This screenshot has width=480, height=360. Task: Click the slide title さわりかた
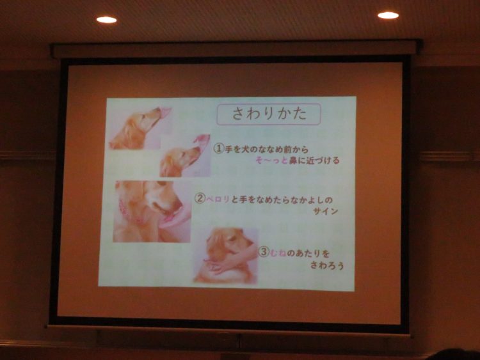tap(269, 114)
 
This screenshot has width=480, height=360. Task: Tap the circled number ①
tap(219, 148)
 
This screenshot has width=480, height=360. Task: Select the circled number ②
tap(200, 199)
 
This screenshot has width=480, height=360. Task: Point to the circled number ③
tap(264, 252)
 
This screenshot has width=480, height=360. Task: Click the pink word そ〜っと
tap(271, 160)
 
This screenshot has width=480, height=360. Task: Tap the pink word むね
tap(278, 253)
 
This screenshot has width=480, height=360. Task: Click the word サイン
tap(325, 211)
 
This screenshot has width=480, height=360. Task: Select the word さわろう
tap(327, 265)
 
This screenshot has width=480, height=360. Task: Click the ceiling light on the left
tap(106, 20)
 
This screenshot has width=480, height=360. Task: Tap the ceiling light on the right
tap(388, 15)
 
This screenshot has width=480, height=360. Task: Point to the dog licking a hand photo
tap(152, 212)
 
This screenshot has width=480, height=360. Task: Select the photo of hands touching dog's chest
tap(226, 255)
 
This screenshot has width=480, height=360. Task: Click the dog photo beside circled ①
tap(185, 155)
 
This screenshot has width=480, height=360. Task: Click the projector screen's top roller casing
tap(236, 49)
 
